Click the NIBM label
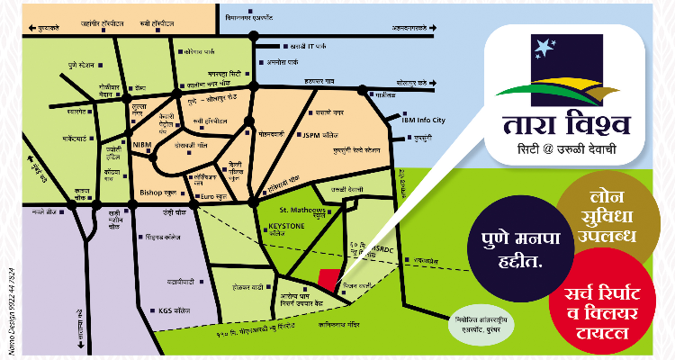pyautogui.click(x=142, y=143)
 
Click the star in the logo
pyautogui.click(x=538, y=44)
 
